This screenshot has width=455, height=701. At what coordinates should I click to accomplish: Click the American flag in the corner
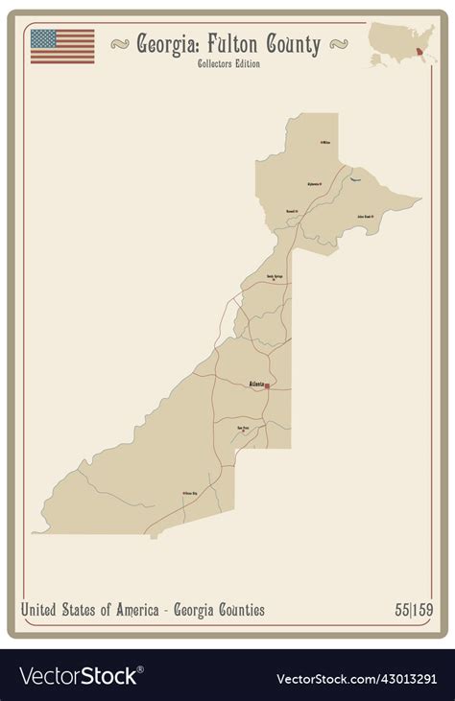pyautogui.click(x=62, y=46)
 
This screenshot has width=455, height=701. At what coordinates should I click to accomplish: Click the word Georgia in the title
pyautogui.click(x=169, y=44)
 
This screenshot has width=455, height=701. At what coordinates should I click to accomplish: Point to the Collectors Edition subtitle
pyautogui.click(x=227, y=64)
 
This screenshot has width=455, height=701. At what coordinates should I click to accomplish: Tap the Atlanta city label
pyautogui.click(x=256, y=384)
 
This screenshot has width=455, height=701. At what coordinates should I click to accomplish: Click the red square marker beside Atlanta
pyautogui.click(x=267, y=386)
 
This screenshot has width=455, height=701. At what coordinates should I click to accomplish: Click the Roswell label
pyautogui.click(x=292, y=210)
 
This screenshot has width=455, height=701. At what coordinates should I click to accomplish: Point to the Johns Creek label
pyautogui.click(x=365, y=217)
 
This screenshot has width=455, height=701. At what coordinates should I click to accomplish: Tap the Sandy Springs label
pyautogui.click(x=275, y=276)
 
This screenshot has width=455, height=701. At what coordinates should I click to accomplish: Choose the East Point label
pyautogui.click(x=243, y=428)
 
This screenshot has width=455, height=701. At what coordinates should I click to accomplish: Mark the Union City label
pyautogui.click(x=189, y=494)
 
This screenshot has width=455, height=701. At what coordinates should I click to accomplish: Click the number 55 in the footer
pyautogui.click(x=401, y=610)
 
